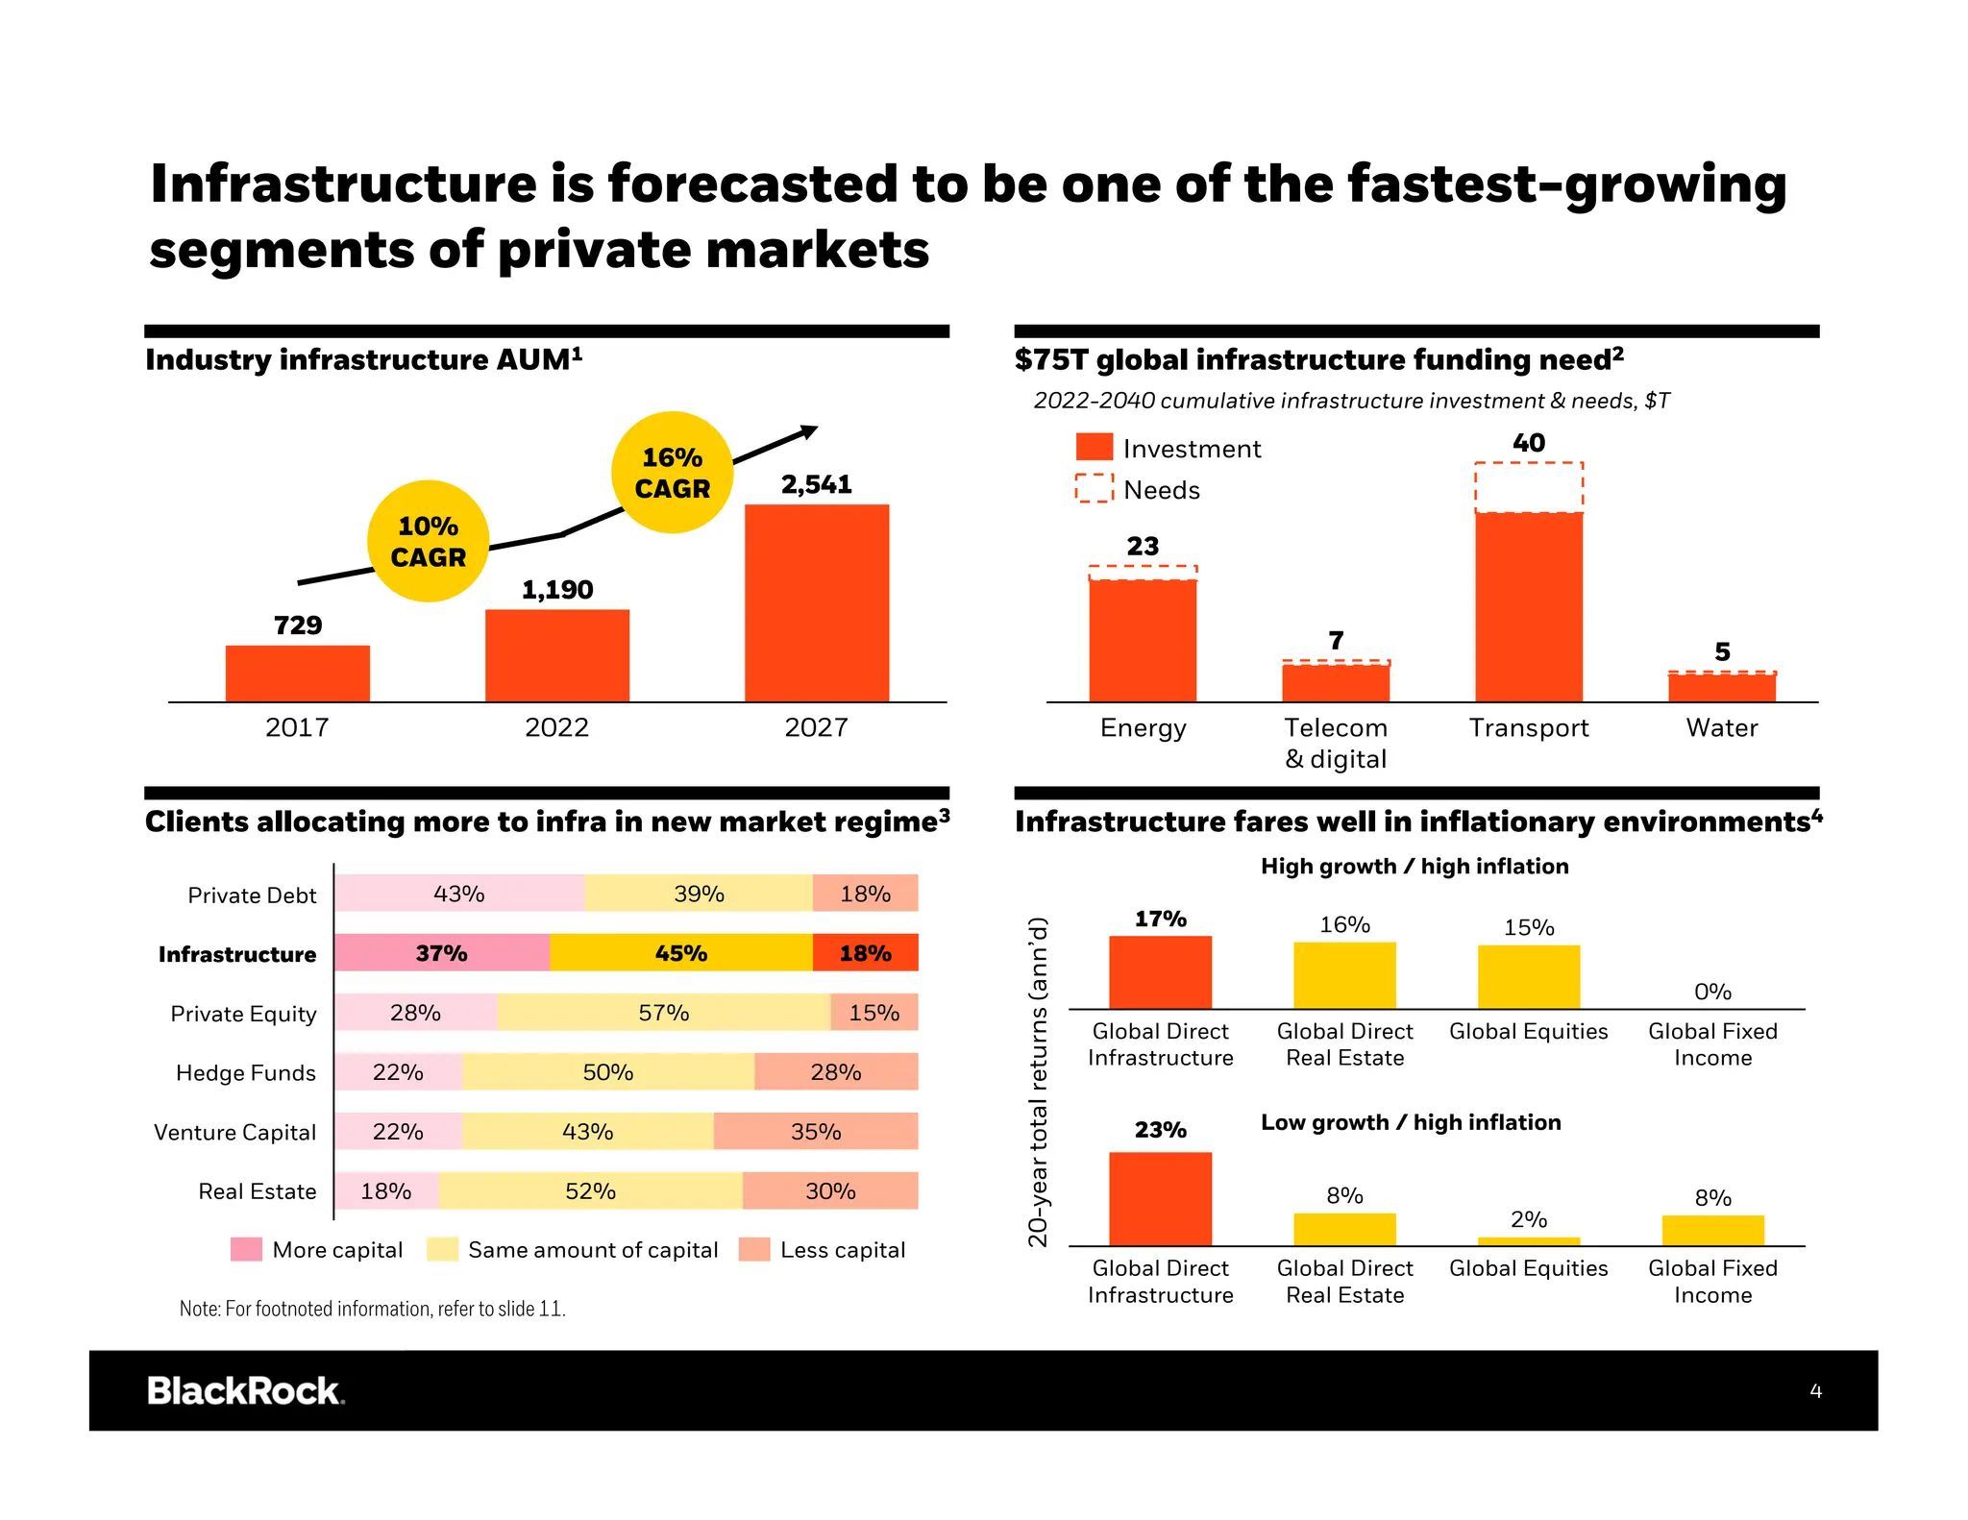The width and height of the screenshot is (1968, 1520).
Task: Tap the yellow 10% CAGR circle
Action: click(428, 541)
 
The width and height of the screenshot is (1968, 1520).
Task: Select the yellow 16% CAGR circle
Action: click(672, 472)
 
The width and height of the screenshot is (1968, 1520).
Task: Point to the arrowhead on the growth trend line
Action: click(809, 432)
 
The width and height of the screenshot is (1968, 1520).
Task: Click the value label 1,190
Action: click(557, 589)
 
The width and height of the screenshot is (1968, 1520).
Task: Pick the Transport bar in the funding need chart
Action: click(1528, 605)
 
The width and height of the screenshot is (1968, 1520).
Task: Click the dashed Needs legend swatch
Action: click(1094, 488)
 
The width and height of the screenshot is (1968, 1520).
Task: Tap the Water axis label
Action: click(1721, 727)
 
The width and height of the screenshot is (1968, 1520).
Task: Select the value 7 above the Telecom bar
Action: click(1336, 640)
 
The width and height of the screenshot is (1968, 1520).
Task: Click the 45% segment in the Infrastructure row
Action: click(680, 952)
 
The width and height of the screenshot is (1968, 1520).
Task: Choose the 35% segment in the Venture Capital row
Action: click(815, 1131)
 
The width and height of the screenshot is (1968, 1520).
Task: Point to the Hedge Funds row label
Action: click(245, 1072)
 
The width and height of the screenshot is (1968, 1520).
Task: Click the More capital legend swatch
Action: click(246, 1249)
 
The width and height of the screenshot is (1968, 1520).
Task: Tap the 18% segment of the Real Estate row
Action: click(385, 1190)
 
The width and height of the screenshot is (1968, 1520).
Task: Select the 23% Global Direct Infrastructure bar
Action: click(1160, 1198)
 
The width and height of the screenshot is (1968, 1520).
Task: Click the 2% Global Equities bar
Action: click(1528, 1240)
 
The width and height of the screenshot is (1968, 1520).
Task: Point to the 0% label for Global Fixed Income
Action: click(1711, 991)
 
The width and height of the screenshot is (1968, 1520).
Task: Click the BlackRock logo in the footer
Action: click(245, 1390)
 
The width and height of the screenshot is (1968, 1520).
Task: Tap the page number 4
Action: click(1815, 1390)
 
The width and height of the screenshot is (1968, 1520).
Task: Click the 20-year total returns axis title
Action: click(1038, 1081)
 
